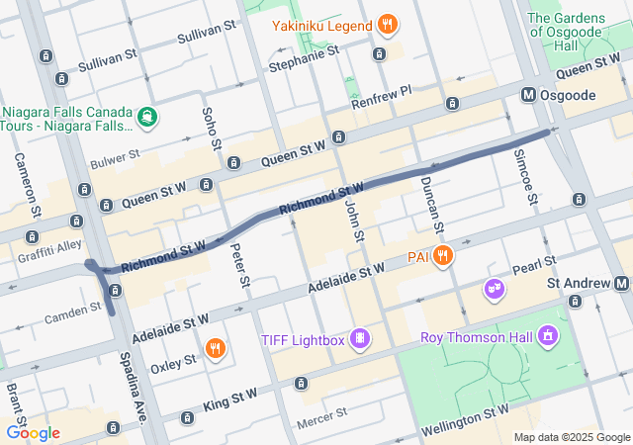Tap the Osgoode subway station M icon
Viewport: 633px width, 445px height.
coord(528,95)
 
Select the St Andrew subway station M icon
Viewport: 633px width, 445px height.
coord(624,284)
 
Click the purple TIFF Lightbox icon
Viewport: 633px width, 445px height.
coord(362,340)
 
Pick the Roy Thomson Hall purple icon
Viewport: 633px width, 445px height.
coord(547,337)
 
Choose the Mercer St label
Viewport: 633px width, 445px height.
coord(321,415)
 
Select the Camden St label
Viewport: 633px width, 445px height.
coord(74,312)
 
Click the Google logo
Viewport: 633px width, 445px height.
coord(33,432)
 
